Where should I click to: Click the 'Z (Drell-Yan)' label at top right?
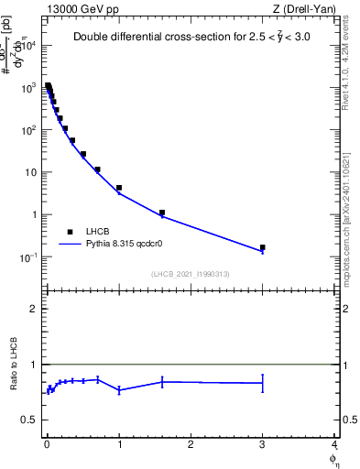tap(303, 8)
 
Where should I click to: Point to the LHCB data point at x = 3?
tap(263, 247)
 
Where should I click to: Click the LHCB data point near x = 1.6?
tap(162, 213)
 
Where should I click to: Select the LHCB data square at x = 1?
tap(119, 188)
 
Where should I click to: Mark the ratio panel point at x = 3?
tap(263, 383)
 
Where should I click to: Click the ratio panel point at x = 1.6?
tap(162, 381)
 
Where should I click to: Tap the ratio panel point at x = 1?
tap(119, 390)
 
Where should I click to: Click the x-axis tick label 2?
tap(191, 444)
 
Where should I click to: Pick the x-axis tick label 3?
tap(263, 444)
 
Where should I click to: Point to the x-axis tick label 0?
tap(47, 444)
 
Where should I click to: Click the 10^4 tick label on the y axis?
tap(29, 45)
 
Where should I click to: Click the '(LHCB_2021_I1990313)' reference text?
tap(191, 274)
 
